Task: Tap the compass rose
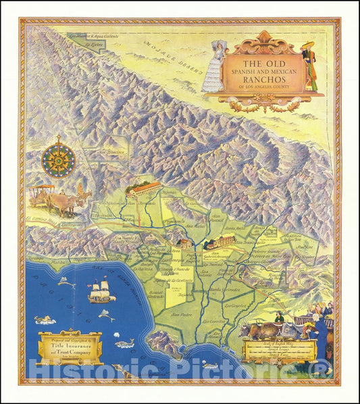[59, 161]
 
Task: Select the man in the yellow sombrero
[310, 66]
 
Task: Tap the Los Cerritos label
[214, 321]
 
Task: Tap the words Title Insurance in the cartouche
[70, 343]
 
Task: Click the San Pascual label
[215, 220]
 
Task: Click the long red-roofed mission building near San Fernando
[143, 188]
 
